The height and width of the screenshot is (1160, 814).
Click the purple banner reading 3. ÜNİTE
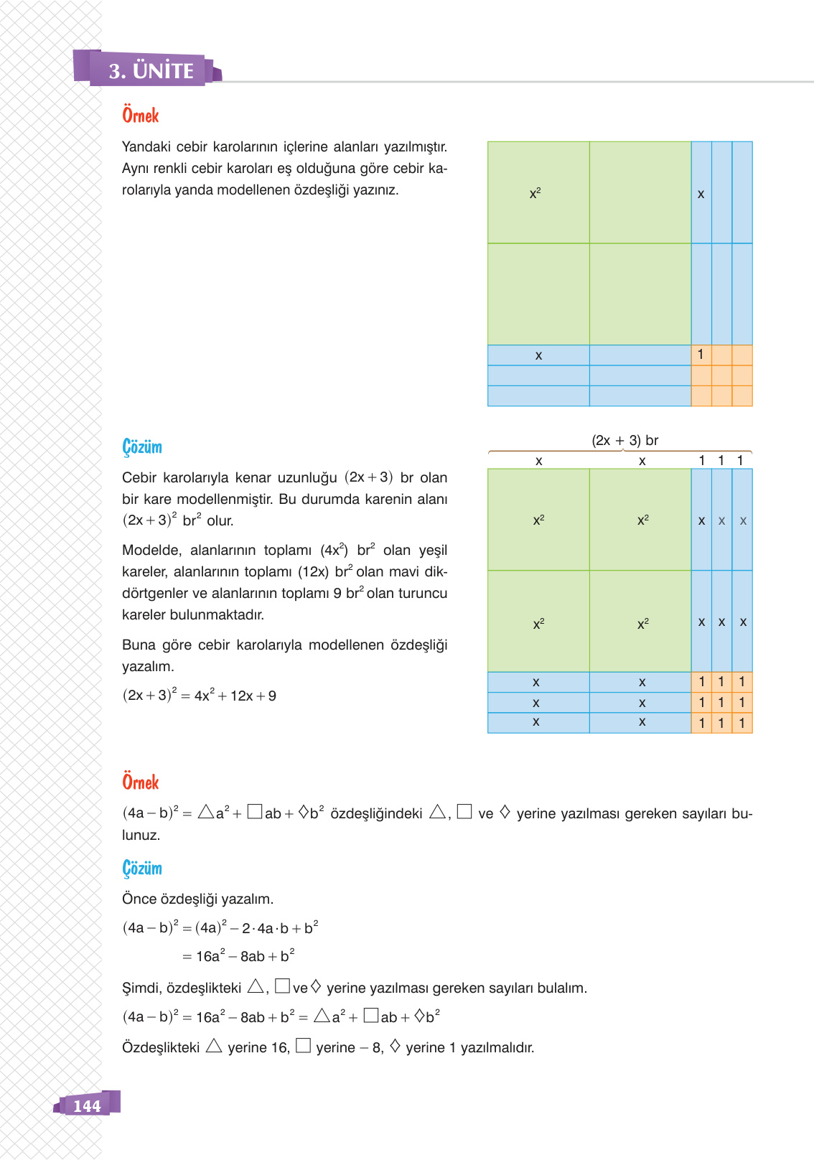click(151, 70)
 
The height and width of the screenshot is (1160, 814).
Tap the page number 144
click(87, 1105)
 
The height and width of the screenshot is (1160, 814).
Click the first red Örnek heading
click(140, 116)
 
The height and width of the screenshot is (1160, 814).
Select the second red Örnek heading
click(140, 782)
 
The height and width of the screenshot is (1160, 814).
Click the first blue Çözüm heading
click(142, 447)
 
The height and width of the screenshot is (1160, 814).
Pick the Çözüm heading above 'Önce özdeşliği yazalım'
click(142, 868)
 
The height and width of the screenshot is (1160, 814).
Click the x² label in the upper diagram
click(535, 193)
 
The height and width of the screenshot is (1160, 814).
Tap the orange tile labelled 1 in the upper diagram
click(701, 355)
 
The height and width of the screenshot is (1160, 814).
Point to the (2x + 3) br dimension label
click(624, 440)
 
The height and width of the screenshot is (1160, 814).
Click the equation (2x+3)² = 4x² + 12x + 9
click(200, 696)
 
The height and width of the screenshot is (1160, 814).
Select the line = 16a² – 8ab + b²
click(238, 956)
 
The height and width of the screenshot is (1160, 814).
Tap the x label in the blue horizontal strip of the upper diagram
click(538, 355)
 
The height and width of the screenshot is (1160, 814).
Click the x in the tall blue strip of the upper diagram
click(701, 194)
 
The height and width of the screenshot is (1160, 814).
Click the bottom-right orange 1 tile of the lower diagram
click(742, 723)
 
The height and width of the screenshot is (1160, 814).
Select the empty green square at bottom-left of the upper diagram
click(538, 294)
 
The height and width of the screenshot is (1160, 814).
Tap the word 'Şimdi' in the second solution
click(141, 988)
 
